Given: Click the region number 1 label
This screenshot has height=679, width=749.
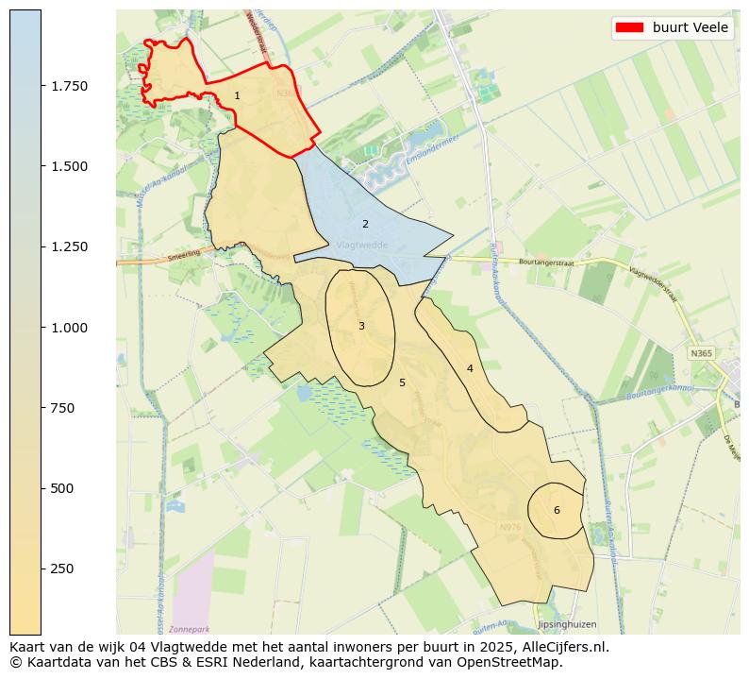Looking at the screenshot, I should tap(237, 95).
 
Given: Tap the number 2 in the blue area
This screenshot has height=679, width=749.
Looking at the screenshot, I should tap(365, 224).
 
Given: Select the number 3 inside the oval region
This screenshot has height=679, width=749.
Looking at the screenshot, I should tap(361, 326).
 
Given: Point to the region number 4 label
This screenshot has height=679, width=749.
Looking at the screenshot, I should tap(469, 368).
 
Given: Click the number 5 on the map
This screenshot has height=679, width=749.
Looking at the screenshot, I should tap(402, 382).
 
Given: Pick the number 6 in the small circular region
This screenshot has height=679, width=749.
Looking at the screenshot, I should tap(557, 510).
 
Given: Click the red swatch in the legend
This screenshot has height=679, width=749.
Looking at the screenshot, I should tap(629, 27).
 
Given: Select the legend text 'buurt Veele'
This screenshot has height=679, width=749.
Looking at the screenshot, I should tap(691, 27).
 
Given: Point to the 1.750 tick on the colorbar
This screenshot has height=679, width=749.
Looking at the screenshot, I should tap(69, 86).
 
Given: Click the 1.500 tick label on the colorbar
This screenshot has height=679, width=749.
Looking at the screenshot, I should tap(69, 166).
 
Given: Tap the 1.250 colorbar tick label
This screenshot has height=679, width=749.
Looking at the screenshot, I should tap(69, 246).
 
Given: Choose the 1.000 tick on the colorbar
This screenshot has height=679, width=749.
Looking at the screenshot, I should tap(69, 328).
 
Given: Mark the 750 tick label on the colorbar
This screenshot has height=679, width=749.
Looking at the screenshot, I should tap(62, 408).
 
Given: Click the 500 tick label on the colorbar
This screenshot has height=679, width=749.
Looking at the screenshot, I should tap(62, 488).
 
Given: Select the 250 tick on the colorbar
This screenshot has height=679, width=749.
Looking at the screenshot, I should tap(62, 569).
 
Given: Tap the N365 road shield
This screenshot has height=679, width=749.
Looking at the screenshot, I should tap(700, 352).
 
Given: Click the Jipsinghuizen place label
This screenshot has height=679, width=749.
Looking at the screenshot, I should tap(566, 625).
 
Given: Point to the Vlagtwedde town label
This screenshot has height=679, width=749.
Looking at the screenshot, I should tap(362, 245).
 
